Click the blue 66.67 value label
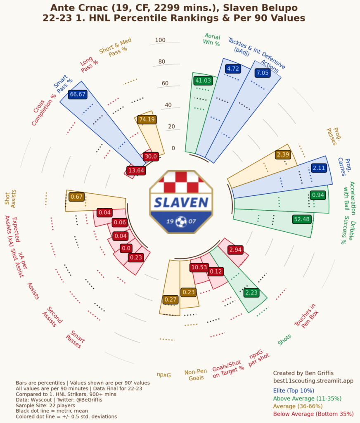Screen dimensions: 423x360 (x=78, y=94)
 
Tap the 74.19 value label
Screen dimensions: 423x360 (x=147, y=119)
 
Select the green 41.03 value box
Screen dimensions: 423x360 (x=203, y=81)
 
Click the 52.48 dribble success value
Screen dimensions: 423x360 (x=301, y=219)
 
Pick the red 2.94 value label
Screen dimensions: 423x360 (x=235, y=250)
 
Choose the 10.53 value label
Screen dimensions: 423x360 (x=199, y=267)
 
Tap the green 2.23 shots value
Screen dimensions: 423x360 (x=251, y=292)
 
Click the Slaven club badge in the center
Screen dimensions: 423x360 (x=181, y=202)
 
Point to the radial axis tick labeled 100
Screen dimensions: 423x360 (x=160, y=40)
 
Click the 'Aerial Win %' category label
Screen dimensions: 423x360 (x=212, y=39)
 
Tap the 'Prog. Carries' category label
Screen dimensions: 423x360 (x=346, y=167)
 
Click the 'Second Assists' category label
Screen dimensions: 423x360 (x=52, y=317)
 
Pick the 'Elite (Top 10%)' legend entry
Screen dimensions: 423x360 (x=294, y=390)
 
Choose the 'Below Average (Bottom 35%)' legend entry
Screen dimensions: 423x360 (x=313, y=414)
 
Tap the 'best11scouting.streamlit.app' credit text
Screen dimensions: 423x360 (x=313, y=380)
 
